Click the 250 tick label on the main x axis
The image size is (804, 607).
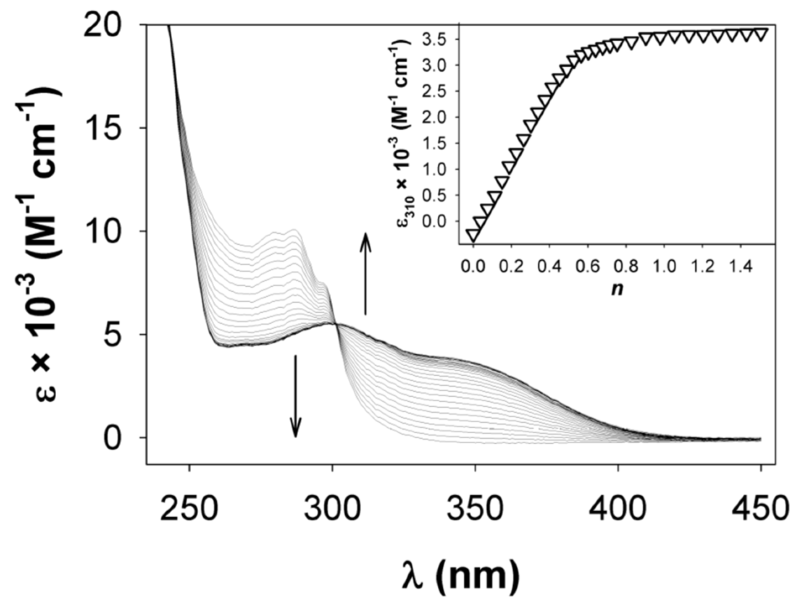190,508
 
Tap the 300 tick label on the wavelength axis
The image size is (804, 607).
333,508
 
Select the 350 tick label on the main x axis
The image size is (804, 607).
475,508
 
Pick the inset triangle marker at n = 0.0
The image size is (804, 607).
473,236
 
